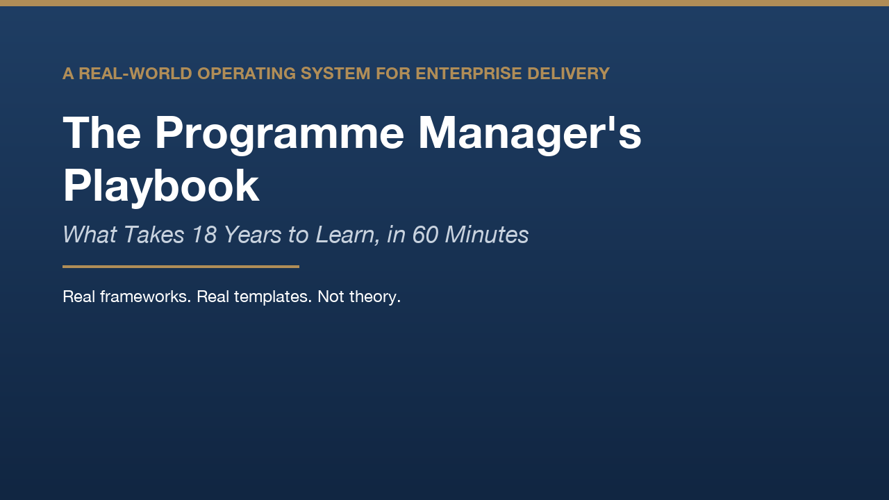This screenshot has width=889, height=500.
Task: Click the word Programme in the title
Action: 279,135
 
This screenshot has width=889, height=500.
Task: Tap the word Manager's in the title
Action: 530,135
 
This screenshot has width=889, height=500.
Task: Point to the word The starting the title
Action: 101,133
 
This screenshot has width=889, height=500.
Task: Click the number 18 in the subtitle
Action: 204,235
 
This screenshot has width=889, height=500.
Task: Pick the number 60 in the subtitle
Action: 426,235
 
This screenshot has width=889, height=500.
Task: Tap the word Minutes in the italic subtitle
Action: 487,235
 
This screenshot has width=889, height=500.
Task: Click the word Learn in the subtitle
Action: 344,235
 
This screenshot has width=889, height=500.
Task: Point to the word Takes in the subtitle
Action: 154,235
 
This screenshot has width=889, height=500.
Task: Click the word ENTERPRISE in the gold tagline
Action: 468,74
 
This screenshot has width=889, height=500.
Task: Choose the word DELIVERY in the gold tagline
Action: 568,74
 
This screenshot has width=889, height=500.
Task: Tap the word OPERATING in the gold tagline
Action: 247,74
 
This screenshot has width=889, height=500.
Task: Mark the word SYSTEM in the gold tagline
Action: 335,74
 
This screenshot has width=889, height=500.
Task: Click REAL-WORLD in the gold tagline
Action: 135,74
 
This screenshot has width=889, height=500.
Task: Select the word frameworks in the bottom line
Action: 146,297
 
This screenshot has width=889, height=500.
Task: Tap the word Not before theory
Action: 331,297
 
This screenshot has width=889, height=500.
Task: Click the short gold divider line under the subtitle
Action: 181,267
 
